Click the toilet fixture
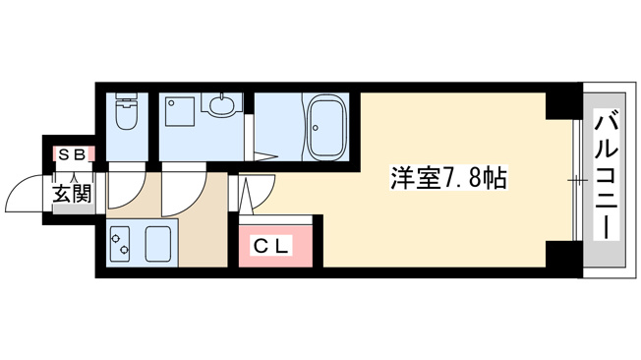tap(126, 111)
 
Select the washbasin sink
tap(222, 104)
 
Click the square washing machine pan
tap(180, 111)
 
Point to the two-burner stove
tap(119, 244)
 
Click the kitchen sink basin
tap(158, 244)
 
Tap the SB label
tap(73, 154)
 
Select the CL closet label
tap(271, 246)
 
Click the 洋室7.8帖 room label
tap(448, 178)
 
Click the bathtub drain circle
tap(316, 127)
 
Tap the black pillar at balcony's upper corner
tap(563, 104)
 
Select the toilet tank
tap(126, 98)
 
